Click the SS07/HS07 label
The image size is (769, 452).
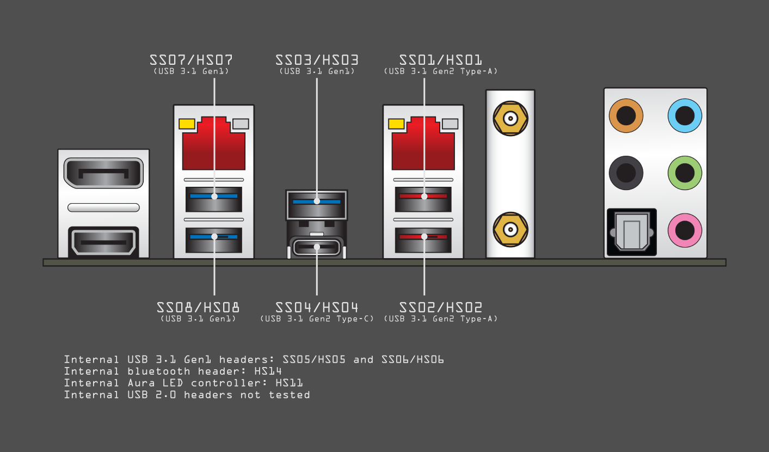click(x=194, y=59)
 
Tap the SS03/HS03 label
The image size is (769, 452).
click(x=317, y=59)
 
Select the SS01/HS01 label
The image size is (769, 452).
click(x=441, y=59)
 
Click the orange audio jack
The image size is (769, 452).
click(x=626, y=115)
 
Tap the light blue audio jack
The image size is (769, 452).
click(x=685, y=115)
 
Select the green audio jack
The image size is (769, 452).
click(x=685, y=173)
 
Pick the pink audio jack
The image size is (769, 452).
click(x=685, y=230)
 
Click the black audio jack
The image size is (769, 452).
click(x=626, y=173)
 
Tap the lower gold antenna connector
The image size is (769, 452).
click(x=510, y=229)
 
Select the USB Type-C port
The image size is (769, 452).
click(x=317, y=247)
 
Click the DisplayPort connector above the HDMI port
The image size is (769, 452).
click(x=103, y=174)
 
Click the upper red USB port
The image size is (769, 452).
click(x=423, y=199)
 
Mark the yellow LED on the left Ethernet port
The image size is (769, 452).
click(x=187, y=124)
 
